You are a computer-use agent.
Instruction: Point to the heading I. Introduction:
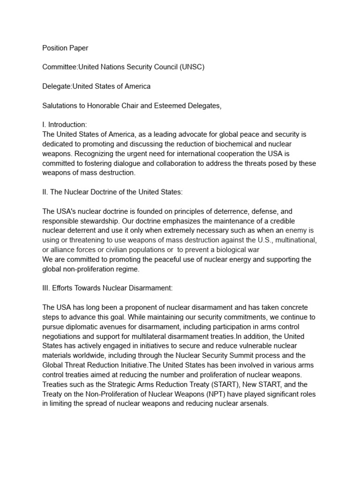click(x=65, y=125)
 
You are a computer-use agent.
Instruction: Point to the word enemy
click(x=300, y=231)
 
